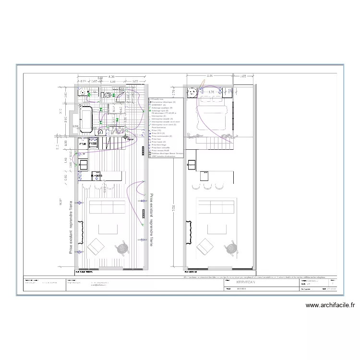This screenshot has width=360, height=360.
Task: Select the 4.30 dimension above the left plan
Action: pos(111,76)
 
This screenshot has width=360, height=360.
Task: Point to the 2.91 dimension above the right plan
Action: pos(210,76)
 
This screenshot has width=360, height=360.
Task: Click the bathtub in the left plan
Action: pos(87,119)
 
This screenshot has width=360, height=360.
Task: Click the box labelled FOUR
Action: pos(83,143)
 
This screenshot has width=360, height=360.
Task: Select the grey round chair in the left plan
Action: pos(123,248)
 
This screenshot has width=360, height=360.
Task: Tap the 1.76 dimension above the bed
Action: pos(211,92)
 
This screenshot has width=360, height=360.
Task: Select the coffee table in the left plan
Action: pos(108,229)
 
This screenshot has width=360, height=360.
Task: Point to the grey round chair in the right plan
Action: pos(232,248)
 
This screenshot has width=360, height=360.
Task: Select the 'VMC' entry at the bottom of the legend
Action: pos(163,156)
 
